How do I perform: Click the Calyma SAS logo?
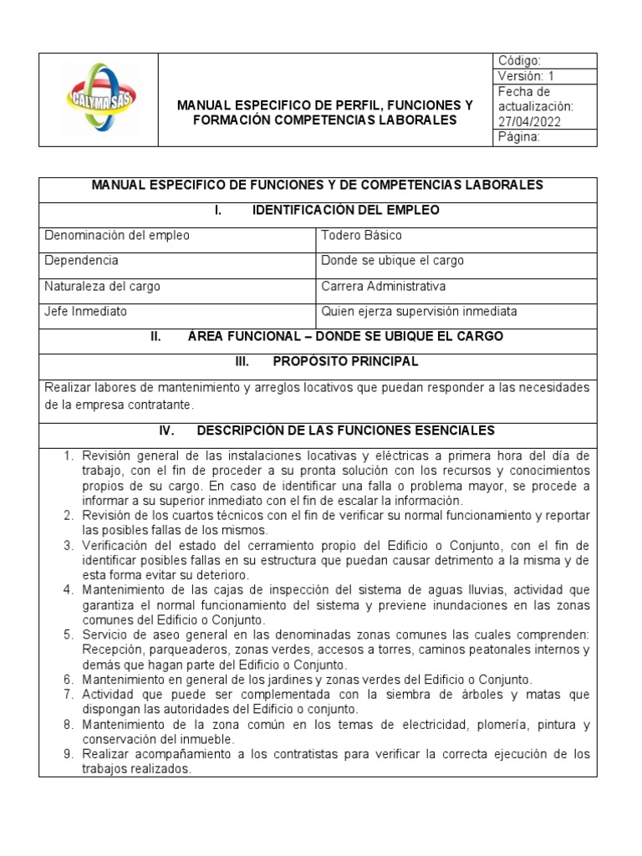(99, 100)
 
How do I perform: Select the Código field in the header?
(519, 61)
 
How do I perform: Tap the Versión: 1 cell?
(526, 76)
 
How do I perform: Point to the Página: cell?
(519, 138)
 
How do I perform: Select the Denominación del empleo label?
(116, 235)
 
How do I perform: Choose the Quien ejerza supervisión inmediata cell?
(419, 312)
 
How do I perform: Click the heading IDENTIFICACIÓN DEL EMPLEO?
(345, 210)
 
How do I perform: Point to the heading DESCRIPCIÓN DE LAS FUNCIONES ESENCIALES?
(345, 431)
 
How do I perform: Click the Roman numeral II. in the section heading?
(155, 337)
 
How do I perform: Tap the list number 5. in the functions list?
(70, 634)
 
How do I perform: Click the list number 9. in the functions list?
(70, 754)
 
